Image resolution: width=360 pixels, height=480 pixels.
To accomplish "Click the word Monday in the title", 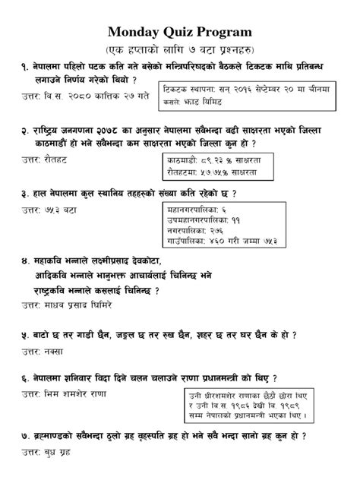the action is pyautogui.click(x=134, y=32).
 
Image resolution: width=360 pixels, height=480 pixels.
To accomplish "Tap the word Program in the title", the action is pyautogui.click(x=226, y=32).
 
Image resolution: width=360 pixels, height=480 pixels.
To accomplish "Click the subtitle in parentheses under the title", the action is pyautogui.click(x=180, y=49).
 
